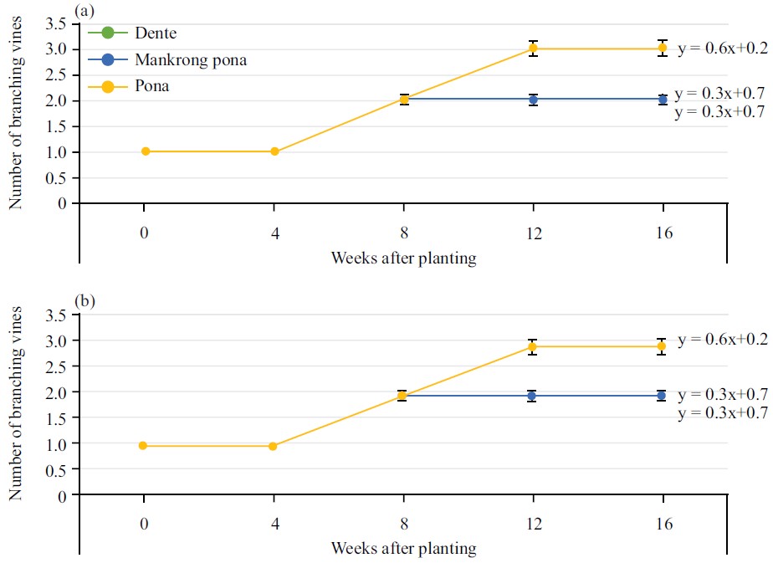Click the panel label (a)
coord(84,10)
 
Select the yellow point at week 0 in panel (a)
coord(145,151)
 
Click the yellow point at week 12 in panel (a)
coord(533,49)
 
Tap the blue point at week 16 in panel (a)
coord(663,100)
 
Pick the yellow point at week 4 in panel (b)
coord(274,446)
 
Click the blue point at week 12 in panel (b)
coord(533,395)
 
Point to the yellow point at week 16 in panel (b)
coord(663,345)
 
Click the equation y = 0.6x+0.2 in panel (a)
coord(722,49)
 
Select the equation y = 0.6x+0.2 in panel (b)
coord(722,340)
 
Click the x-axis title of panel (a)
coord(403,258)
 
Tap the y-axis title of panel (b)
coord(15,405)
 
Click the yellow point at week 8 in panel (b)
coord(403,395)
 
